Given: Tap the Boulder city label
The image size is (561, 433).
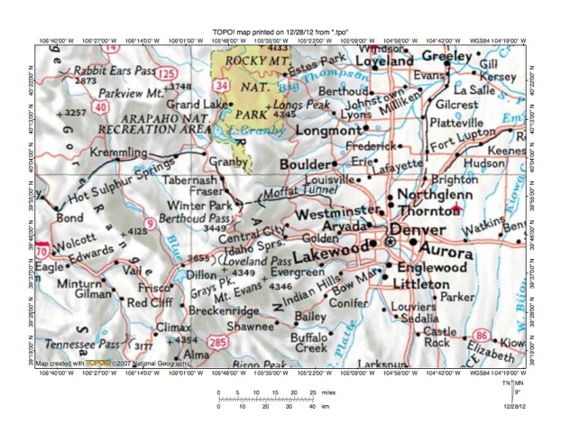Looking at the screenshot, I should [304, 166].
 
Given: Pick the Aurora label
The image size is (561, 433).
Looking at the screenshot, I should [469, 245].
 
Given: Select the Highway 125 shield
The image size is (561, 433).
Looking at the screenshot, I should [167, 70].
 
